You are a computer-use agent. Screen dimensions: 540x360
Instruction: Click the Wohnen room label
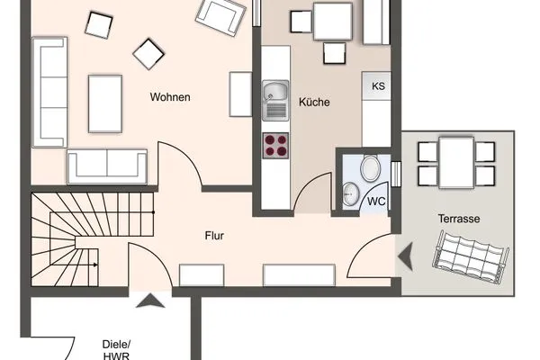pos(170,97)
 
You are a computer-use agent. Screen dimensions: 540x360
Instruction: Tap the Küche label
pos(314,102)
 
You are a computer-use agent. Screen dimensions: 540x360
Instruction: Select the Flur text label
pos(214,236)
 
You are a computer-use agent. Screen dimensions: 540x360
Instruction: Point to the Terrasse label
pos(459,219)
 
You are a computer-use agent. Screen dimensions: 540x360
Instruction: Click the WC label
pos(376,202)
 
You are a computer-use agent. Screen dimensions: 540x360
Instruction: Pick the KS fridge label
pos(378,86)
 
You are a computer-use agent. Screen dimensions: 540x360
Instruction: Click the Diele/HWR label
pos(116,350)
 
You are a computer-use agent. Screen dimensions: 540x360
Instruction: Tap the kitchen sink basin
pos(274,92)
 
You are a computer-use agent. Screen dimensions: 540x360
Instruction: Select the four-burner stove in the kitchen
pos(275,146)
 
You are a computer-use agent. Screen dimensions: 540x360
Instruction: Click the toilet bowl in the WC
pos(370,168)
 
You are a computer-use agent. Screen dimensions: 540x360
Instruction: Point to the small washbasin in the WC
pos(351,194)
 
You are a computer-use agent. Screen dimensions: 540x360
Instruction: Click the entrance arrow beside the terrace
pos(406,256)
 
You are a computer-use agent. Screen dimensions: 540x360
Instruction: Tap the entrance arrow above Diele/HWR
pos(150,301)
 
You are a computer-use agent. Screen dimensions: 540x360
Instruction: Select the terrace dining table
pos(456,162)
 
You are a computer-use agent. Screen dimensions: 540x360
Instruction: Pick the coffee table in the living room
pos(105,103)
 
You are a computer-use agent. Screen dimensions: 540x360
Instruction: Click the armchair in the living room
pos(220,16)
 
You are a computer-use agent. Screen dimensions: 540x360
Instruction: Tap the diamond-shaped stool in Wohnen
pos(148,54)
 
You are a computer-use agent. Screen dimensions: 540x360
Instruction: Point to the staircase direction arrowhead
pos(95,265)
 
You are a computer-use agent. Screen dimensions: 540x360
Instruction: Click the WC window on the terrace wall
pos(396,174)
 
